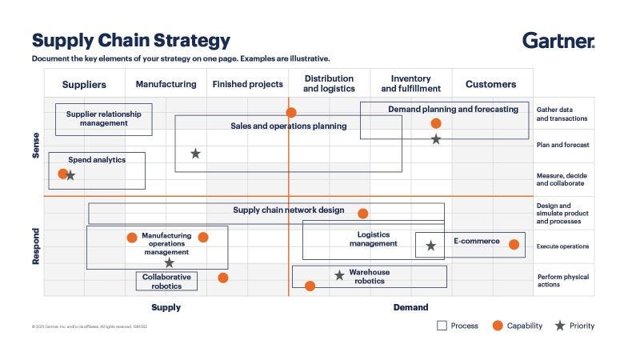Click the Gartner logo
pyautogui.click(x=558, y=40)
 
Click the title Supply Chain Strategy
pyautogui.click(x=131, y=40)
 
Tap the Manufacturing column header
pyautogui.click(x=166, y=84)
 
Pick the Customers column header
pyautogui.click(x=490, y=84)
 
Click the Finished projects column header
pyautogui.click(x=247, y=84)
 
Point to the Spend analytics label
pyautogui.click(x=97, y=160)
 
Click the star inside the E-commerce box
pyautogui.click(x=430, y=246)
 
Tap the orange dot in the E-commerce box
pyautogui.click(x=514, y=245)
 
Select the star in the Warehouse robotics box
pyautogui.click(x=339, y=275)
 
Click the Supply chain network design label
pyautogui.click(x=288, y=210)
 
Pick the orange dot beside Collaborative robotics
pyautogui.click(x=222, y=278)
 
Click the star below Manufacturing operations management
pyautogui.click(x=169, y=262)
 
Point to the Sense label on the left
pyautogui.click(x=35, y=145)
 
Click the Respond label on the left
pyautogui.click(x=35, y=246)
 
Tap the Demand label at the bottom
pyautogui.click(x=410, y=307)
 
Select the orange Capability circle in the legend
pyautogui.click(x=498, y=326)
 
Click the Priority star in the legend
pyautogui.click(x=560, y=326)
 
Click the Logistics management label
pyautogui.click(x=373, y=239)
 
